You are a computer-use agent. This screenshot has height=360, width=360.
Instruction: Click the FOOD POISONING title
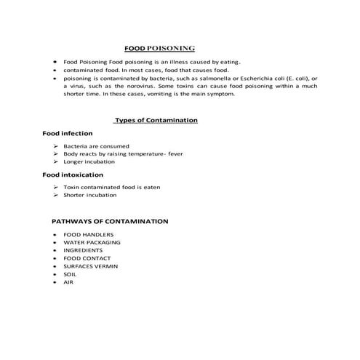(x=159, y=49)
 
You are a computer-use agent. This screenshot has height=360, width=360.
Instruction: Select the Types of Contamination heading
(x=156, y=120)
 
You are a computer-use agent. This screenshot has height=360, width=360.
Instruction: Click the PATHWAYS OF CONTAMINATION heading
(x=110, y=220)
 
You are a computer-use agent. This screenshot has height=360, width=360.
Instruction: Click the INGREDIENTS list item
(x=83, y=250)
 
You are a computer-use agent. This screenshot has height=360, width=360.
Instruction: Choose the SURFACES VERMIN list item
(x=90, y=266)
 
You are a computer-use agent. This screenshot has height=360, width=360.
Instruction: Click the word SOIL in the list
(x=70, y=274)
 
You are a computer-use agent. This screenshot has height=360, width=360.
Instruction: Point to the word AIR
(x=68, y=282)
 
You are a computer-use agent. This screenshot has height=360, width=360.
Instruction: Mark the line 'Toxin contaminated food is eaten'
(x=111, y=188)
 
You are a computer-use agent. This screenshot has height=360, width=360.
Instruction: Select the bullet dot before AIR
(x=55, y=282)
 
